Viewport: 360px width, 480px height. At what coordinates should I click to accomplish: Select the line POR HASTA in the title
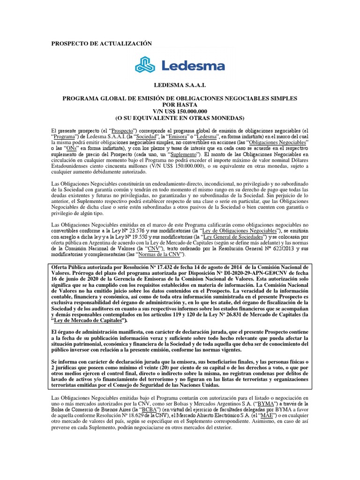pyautogui.click(x=180, y=104)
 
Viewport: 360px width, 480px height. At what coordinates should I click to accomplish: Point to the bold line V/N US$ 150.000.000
pyautogui.click(x=180, y=111)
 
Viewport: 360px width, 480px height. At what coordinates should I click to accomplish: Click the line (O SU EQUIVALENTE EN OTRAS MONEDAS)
pyautogui.click(x=180, y=117)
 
